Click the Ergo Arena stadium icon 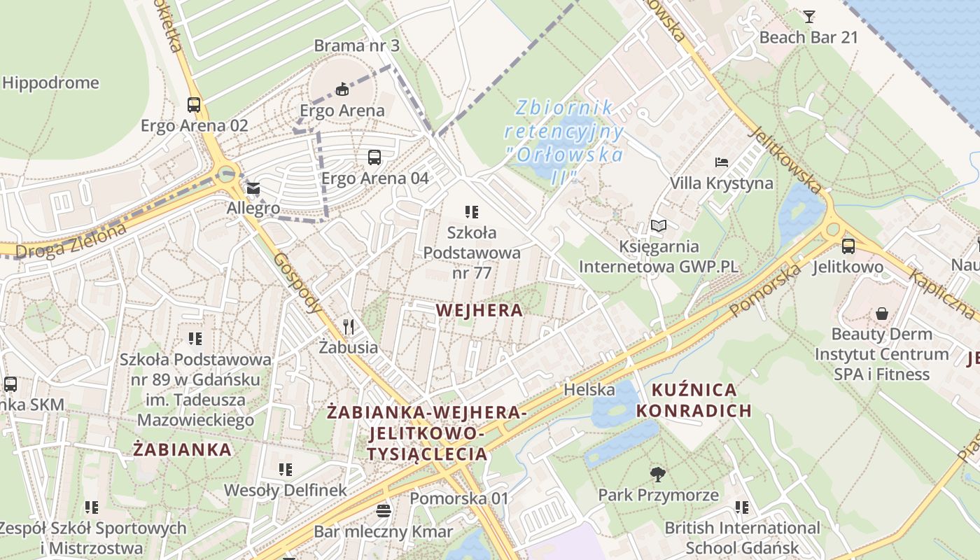[342, 89]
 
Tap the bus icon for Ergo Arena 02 [194, 105]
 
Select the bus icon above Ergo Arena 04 [374, 157]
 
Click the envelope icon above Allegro [253, 188]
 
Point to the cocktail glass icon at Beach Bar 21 [809, 16]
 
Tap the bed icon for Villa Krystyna [722, 162]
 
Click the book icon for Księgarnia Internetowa [659, 225]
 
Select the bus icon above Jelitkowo [848, 246]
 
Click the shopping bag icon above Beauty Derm [882, 313]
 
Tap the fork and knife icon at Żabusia [349, 326]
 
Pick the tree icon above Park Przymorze [657, 474]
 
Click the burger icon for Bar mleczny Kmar [383, 510]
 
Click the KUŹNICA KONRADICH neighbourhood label [693, 400]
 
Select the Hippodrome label [50, 83]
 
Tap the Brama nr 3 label [356, 45]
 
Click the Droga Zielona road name [70, 241]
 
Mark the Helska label [589, 389]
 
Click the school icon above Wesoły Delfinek [285, 469]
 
